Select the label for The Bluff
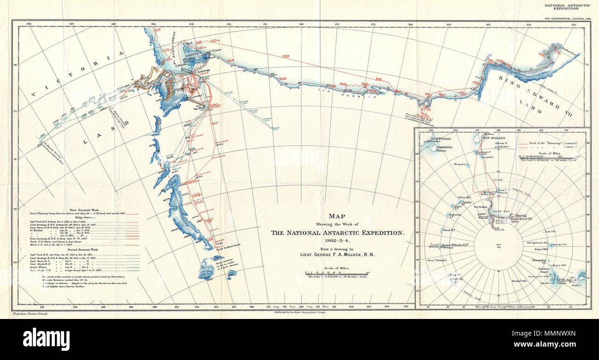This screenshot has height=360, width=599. (x=199, y=108)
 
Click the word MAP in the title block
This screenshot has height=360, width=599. (x=337, y=216)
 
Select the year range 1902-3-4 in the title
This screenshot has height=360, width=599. (x=337, y=241)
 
